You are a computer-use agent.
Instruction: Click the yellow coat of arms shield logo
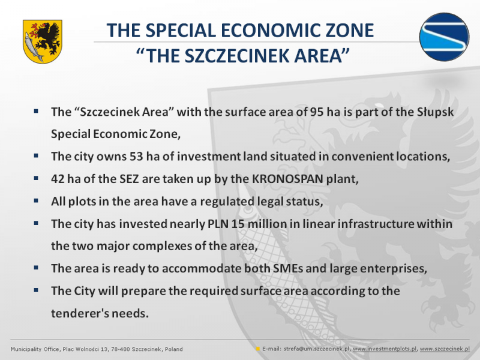click(x=42, y=41)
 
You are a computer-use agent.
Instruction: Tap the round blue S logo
click(x=444, y=37)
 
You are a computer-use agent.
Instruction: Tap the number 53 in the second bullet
click(x=136, y=157)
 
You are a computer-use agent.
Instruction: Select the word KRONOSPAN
click(x=287, y=179)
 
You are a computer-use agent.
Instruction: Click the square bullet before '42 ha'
click(x=36, y=178)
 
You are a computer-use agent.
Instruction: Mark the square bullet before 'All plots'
click(x=36, y=200)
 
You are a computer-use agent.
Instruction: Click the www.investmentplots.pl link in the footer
click(x=385, y=349)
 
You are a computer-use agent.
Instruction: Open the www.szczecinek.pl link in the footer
click(x=445, y=349)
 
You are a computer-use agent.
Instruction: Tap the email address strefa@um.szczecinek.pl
click(x=317, y=349)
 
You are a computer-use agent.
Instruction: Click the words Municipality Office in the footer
click(x=35, y=349)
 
